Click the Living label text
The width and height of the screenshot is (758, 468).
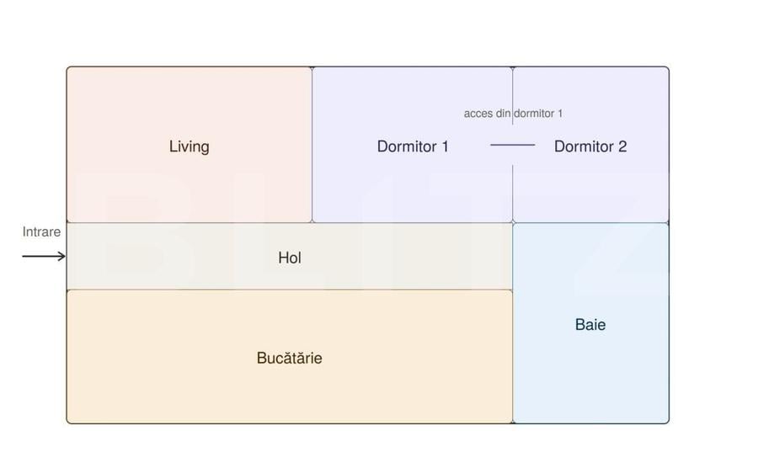[x=189, y=146]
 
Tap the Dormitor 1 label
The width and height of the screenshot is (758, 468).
[x=413, y=146]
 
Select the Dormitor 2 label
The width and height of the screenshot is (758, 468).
[x=590, y=146]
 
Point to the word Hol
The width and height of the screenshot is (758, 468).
[x=290, y=258]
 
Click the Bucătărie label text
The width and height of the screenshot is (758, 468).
[x=289, y=358]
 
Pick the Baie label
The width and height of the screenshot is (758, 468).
[x=590, y=325]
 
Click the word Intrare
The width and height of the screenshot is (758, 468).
[x=41, y=231]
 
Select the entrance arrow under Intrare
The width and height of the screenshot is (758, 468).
[x=44, y=256]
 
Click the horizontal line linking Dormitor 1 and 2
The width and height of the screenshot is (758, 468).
[x=512, y=145]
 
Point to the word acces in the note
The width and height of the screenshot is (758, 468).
[x=478, y=114]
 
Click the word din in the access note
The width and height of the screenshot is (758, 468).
[x=504, y=114]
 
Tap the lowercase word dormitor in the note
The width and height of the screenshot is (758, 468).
[x=534, y=114]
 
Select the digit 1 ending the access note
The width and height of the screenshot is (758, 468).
[x=560, y=114]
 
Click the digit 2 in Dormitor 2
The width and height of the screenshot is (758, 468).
[x=622, y=146]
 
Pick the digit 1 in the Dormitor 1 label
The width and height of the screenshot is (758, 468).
[x=445, y=146]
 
